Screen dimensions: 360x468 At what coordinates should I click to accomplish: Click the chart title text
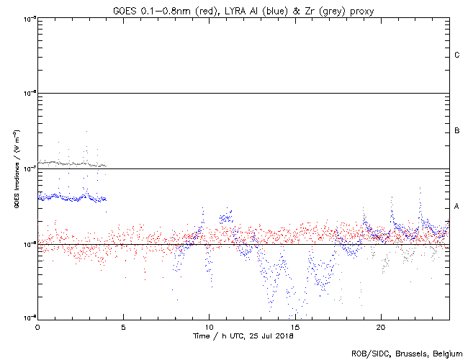click(243, 9)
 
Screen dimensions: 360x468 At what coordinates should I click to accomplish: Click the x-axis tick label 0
click(37, 327)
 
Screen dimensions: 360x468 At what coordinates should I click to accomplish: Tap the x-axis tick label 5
click(123, 327)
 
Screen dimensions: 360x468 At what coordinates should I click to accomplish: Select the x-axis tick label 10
click(209, 327)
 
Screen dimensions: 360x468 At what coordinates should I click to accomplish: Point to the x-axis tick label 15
click(294, 327)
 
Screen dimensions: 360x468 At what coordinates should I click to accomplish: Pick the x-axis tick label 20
click(381, 327)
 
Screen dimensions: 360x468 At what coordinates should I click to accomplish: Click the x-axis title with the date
click(243, 336)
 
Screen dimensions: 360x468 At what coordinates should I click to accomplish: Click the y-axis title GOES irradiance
click(16, 170)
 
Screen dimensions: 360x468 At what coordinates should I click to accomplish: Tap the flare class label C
click(457, 55)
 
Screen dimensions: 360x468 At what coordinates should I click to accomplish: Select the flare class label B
click(457, 131)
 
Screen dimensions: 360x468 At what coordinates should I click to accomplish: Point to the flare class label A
click(457, 207)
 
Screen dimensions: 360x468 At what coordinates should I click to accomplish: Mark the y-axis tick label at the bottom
click(29, 318)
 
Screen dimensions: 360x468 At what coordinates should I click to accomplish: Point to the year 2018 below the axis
click(285, 336)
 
